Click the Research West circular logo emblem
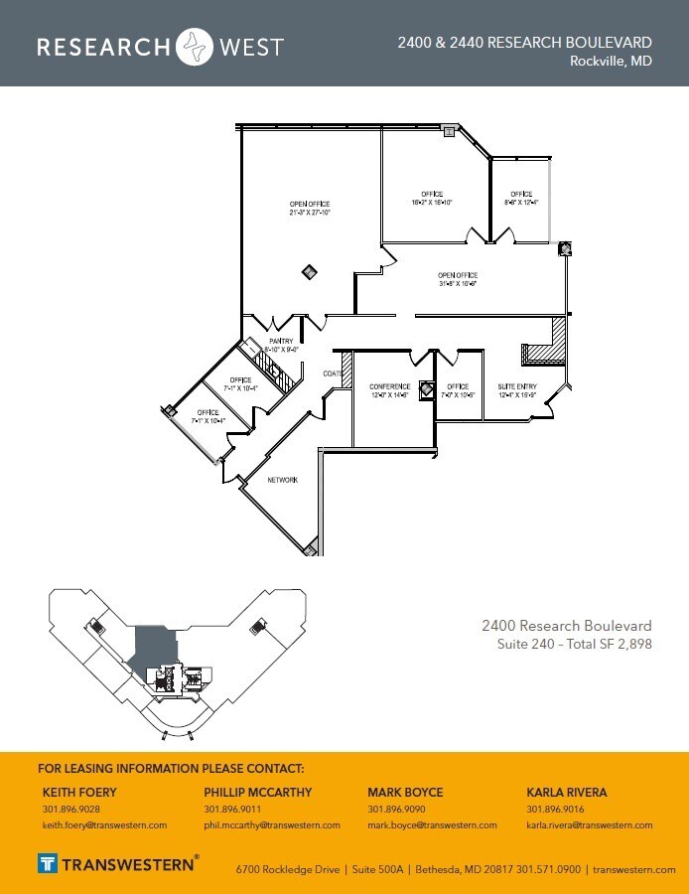click(x=195, y=47)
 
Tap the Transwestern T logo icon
click(x=48, y=862)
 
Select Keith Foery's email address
click(x=104, y=825)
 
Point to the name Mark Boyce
click(x=405, y=793)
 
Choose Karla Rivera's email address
click(x=589, y=825)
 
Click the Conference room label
click(x=389, y=386)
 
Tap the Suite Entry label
click(x=516, y=386)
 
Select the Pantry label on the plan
click(x=281, y=341)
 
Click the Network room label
click(x=283, y=480)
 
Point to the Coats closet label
click(x=332, y=373)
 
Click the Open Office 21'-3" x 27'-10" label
click(x=309, y=208)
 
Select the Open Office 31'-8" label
click(x=458, y=279)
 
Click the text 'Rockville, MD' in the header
click(x=611, y=61)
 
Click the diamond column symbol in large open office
click(x=310, y=271)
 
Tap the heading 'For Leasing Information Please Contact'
click(x=171, y=769)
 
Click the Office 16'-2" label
click(x=431, y=198)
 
